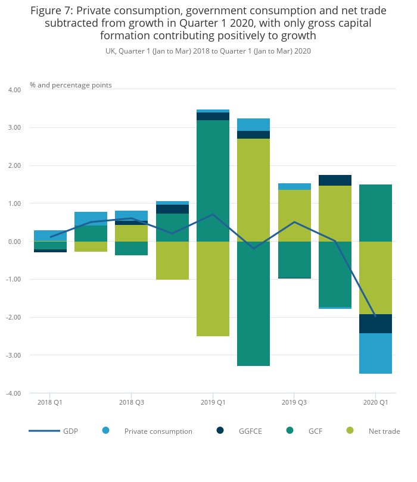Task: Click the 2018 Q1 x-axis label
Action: tap(50, 402)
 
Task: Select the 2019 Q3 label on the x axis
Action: tap(294, 402)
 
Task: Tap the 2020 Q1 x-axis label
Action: tap(375, 402)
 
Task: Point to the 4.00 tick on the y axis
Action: tap(14, 90)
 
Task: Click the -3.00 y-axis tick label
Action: tap(13, 355)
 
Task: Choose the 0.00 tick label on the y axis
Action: tap(14, 242)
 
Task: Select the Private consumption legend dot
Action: tap(106, 430)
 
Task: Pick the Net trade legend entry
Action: tap(384, 431)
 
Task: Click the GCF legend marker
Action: tap(290, 430)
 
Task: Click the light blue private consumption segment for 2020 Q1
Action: tap(375, 353)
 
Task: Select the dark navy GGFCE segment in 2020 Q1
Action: tap(375, 324)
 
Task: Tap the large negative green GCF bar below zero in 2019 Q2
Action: tap(253, 303)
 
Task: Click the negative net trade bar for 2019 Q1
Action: tap(213, 289)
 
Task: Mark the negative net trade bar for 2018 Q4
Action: tap(172, 261)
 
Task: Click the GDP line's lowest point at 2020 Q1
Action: tap(375, 316)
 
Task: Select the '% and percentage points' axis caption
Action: tap(71, 85)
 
